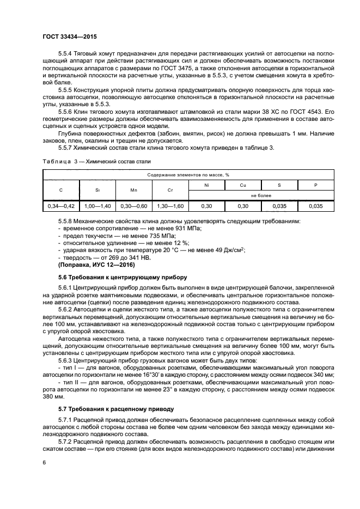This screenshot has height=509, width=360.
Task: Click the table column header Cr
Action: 170,191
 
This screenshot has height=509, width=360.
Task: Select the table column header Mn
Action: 133,191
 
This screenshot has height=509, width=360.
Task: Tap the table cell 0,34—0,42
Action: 60,207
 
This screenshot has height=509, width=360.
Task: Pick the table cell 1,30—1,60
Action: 170,207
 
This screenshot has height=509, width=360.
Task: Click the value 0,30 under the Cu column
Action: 243,207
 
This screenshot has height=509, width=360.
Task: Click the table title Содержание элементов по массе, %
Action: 188,175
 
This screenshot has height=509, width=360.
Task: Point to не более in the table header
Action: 261,195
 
